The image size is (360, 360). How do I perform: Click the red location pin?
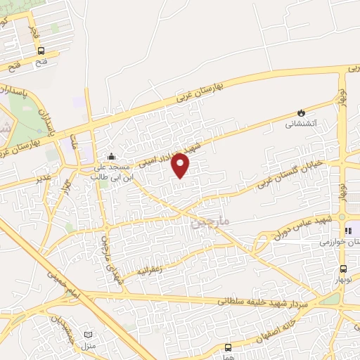click(x=181, y=165)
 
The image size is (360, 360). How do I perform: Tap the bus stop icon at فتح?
click(x=41, y=51)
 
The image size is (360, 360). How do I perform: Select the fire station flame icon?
click(x=301, y=112)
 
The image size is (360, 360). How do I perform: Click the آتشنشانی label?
click(x=301, y=124)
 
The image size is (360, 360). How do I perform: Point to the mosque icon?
click(x=110, y=156)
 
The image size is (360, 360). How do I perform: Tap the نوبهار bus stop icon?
click(x=343, y=269)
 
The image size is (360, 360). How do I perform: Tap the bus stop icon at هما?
click(x=228, y=347)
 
